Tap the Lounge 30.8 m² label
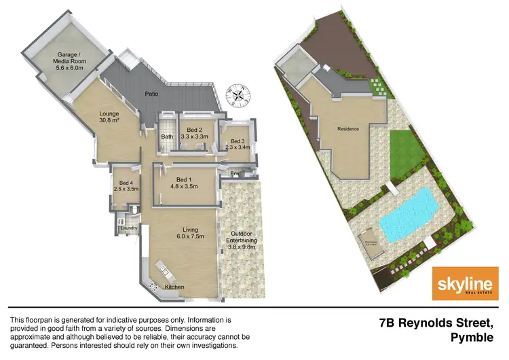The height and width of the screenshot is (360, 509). click(x=109, y=116)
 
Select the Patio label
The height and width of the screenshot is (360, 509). click(x=151, y=95)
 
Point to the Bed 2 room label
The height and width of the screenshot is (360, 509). click(x=195, y=133)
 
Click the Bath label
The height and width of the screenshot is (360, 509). click(x=166, y=137)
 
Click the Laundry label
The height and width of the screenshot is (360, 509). click(x=129, y=228)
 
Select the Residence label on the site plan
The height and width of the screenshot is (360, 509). click(x=347, y=128)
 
